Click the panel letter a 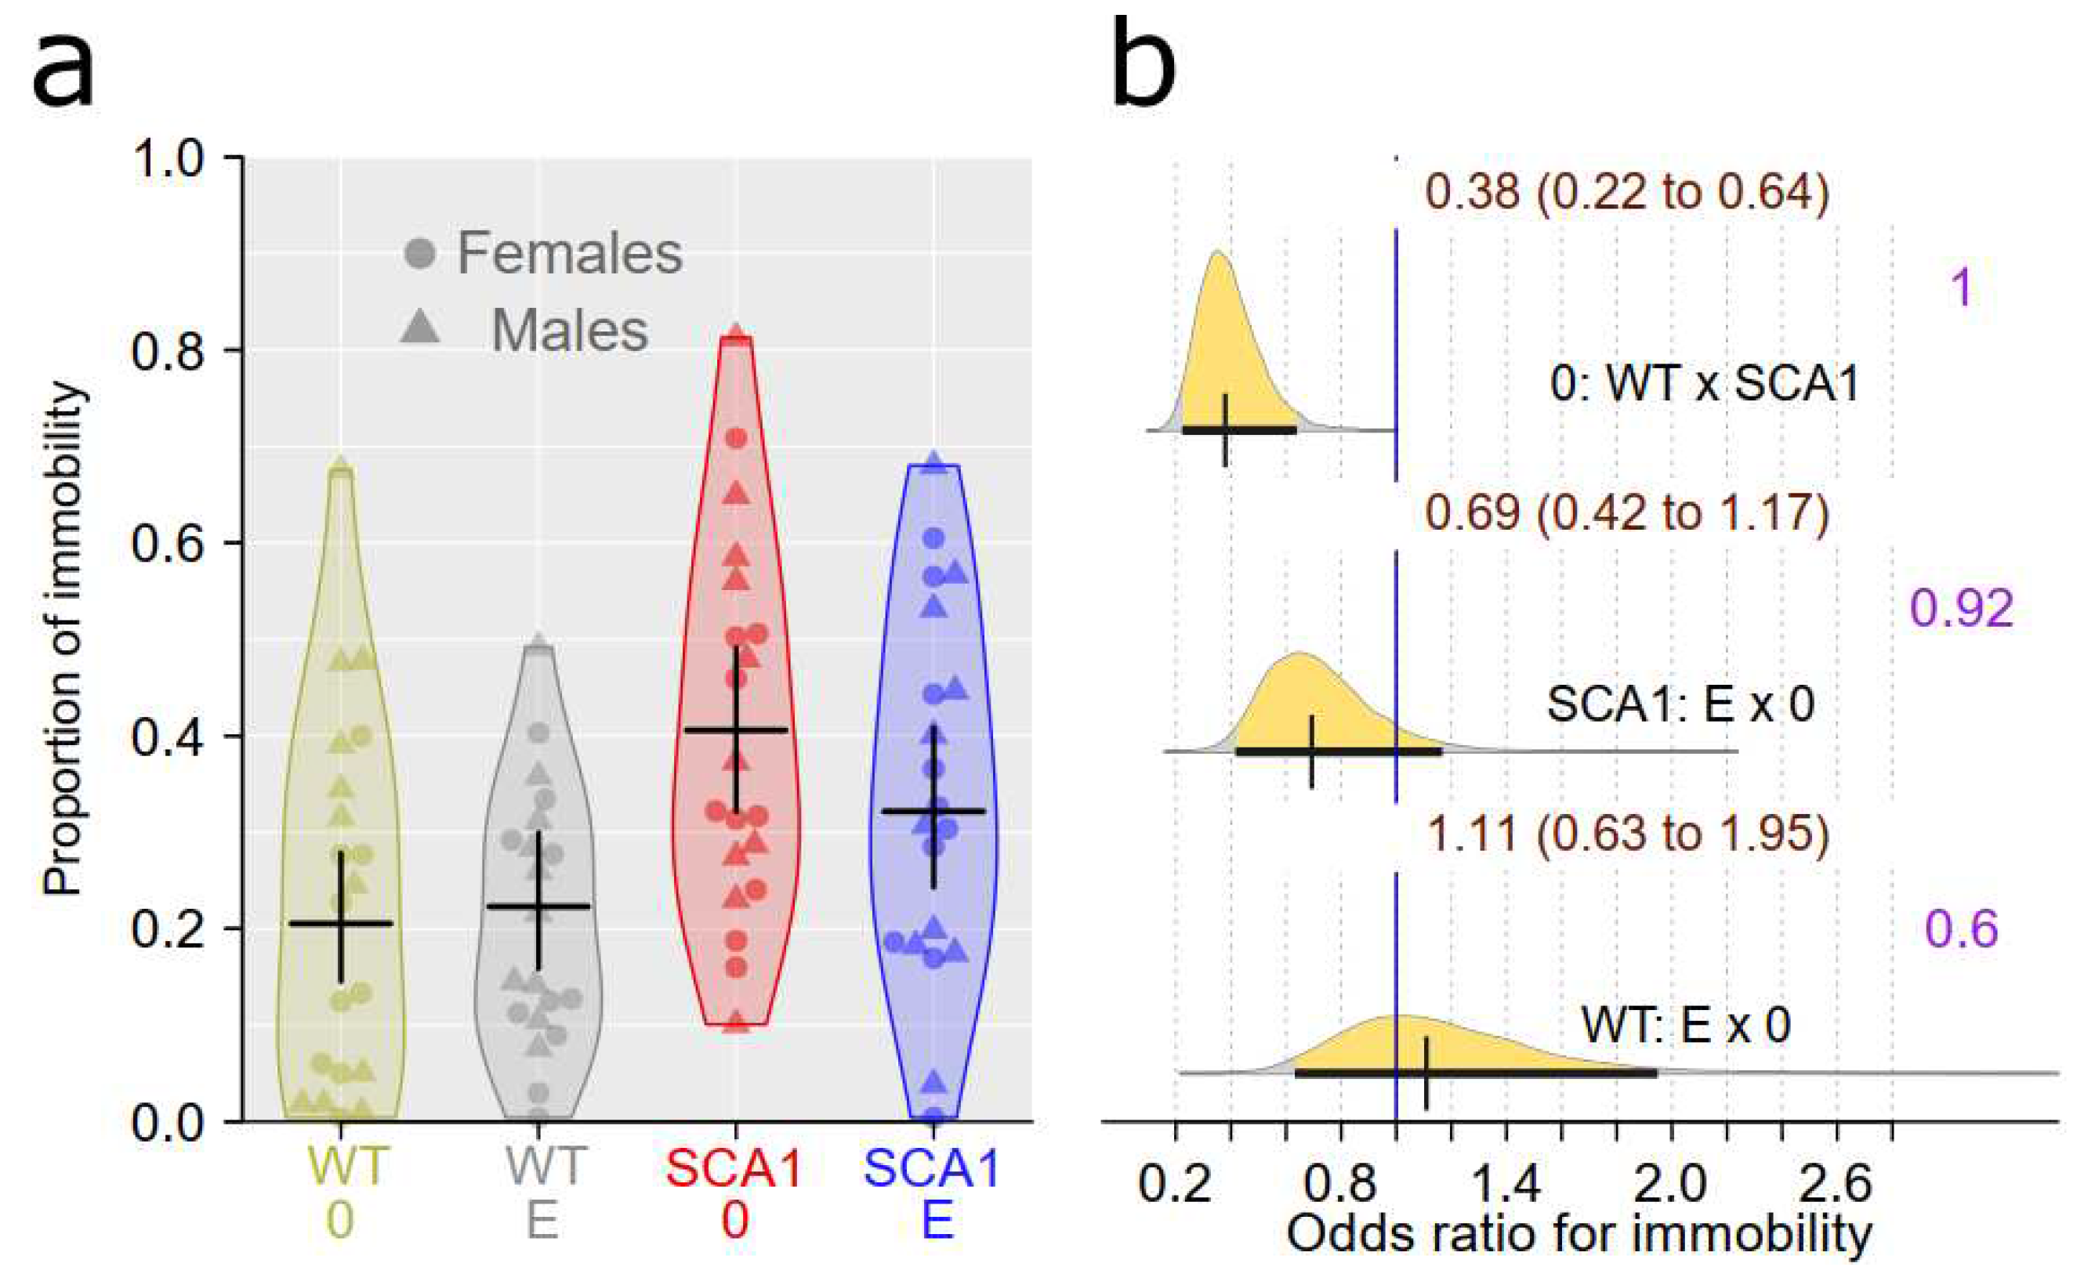pos(63,67)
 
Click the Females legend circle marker pos(420,253)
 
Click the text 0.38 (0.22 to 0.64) pos(1626,191)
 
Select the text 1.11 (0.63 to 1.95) pos(1626,834)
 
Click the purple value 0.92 pos(1962,609)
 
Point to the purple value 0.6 pos(1962,929)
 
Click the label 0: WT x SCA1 pos(1704,383)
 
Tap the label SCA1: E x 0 pos(1680,704)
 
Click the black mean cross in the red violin pos(736,730)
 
